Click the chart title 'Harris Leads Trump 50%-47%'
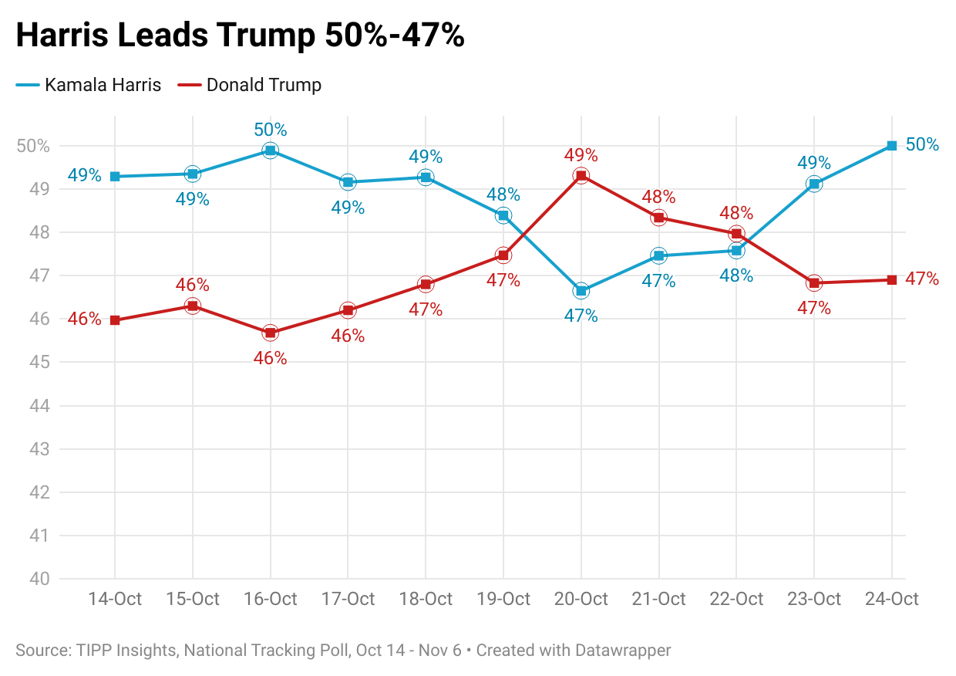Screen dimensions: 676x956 240,35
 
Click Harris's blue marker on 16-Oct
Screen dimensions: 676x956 270,150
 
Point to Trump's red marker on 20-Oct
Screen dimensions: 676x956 581,176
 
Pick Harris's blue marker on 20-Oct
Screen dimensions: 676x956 581,290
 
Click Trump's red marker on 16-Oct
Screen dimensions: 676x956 270,333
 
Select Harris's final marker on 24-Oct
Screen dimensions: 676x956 891,146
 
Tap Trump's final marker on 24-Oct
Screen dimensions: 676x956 891,280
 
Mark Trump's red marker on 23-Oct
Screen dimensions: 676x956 814,283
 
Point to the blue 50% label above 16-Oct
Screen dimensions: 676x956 270,130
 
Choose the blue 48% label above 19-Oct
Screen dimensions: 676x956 503,194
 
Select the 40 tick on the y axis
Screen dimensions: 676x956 39,579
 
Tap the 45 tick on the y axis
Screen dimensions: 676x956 39,362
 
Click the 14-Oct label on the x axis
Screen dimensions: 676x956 115,599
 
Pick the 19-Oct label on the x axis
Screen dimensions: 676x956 503,599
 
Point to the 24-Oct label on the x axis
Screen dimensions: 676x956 891,599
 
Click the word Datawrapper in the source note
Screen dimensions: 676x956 623,651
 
